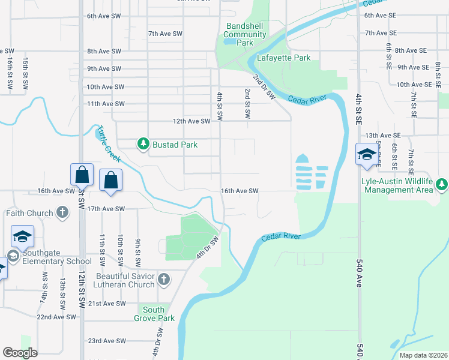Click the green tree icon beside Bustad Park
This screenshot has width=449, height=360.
(x=143, y=143)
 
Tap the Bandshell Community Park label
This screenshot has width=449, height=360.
(x=245, y=34)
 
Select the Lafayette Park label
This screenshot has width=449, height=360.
(x=283, y=58)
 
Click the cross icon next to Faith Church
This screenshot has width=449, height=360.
(x=62, y=212)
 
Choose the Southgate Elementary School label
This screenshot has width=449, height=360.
(x=56, y=257)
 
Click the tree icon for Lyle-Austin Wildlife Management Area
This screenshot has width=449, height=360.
(x=442, y=183)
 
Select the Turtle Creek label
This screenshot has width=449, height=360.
(x=109, y=144)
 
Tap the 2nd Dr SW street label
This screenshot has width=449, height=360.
(x=263, y=87)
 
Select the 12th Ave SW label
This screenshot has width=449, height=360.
(x=191, y=121)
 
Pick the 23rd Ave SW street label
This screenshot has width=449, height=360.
(x=107, y=341)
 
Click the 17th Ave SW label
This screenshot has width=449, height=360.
(x=106, y=209)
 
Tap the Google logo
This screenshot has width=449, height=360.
(x=20, y=353)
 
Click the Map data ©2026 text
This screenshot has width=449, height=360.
(x=423, y=355)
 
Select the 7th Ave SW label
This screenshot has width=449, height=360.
(x=165, y=34)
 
